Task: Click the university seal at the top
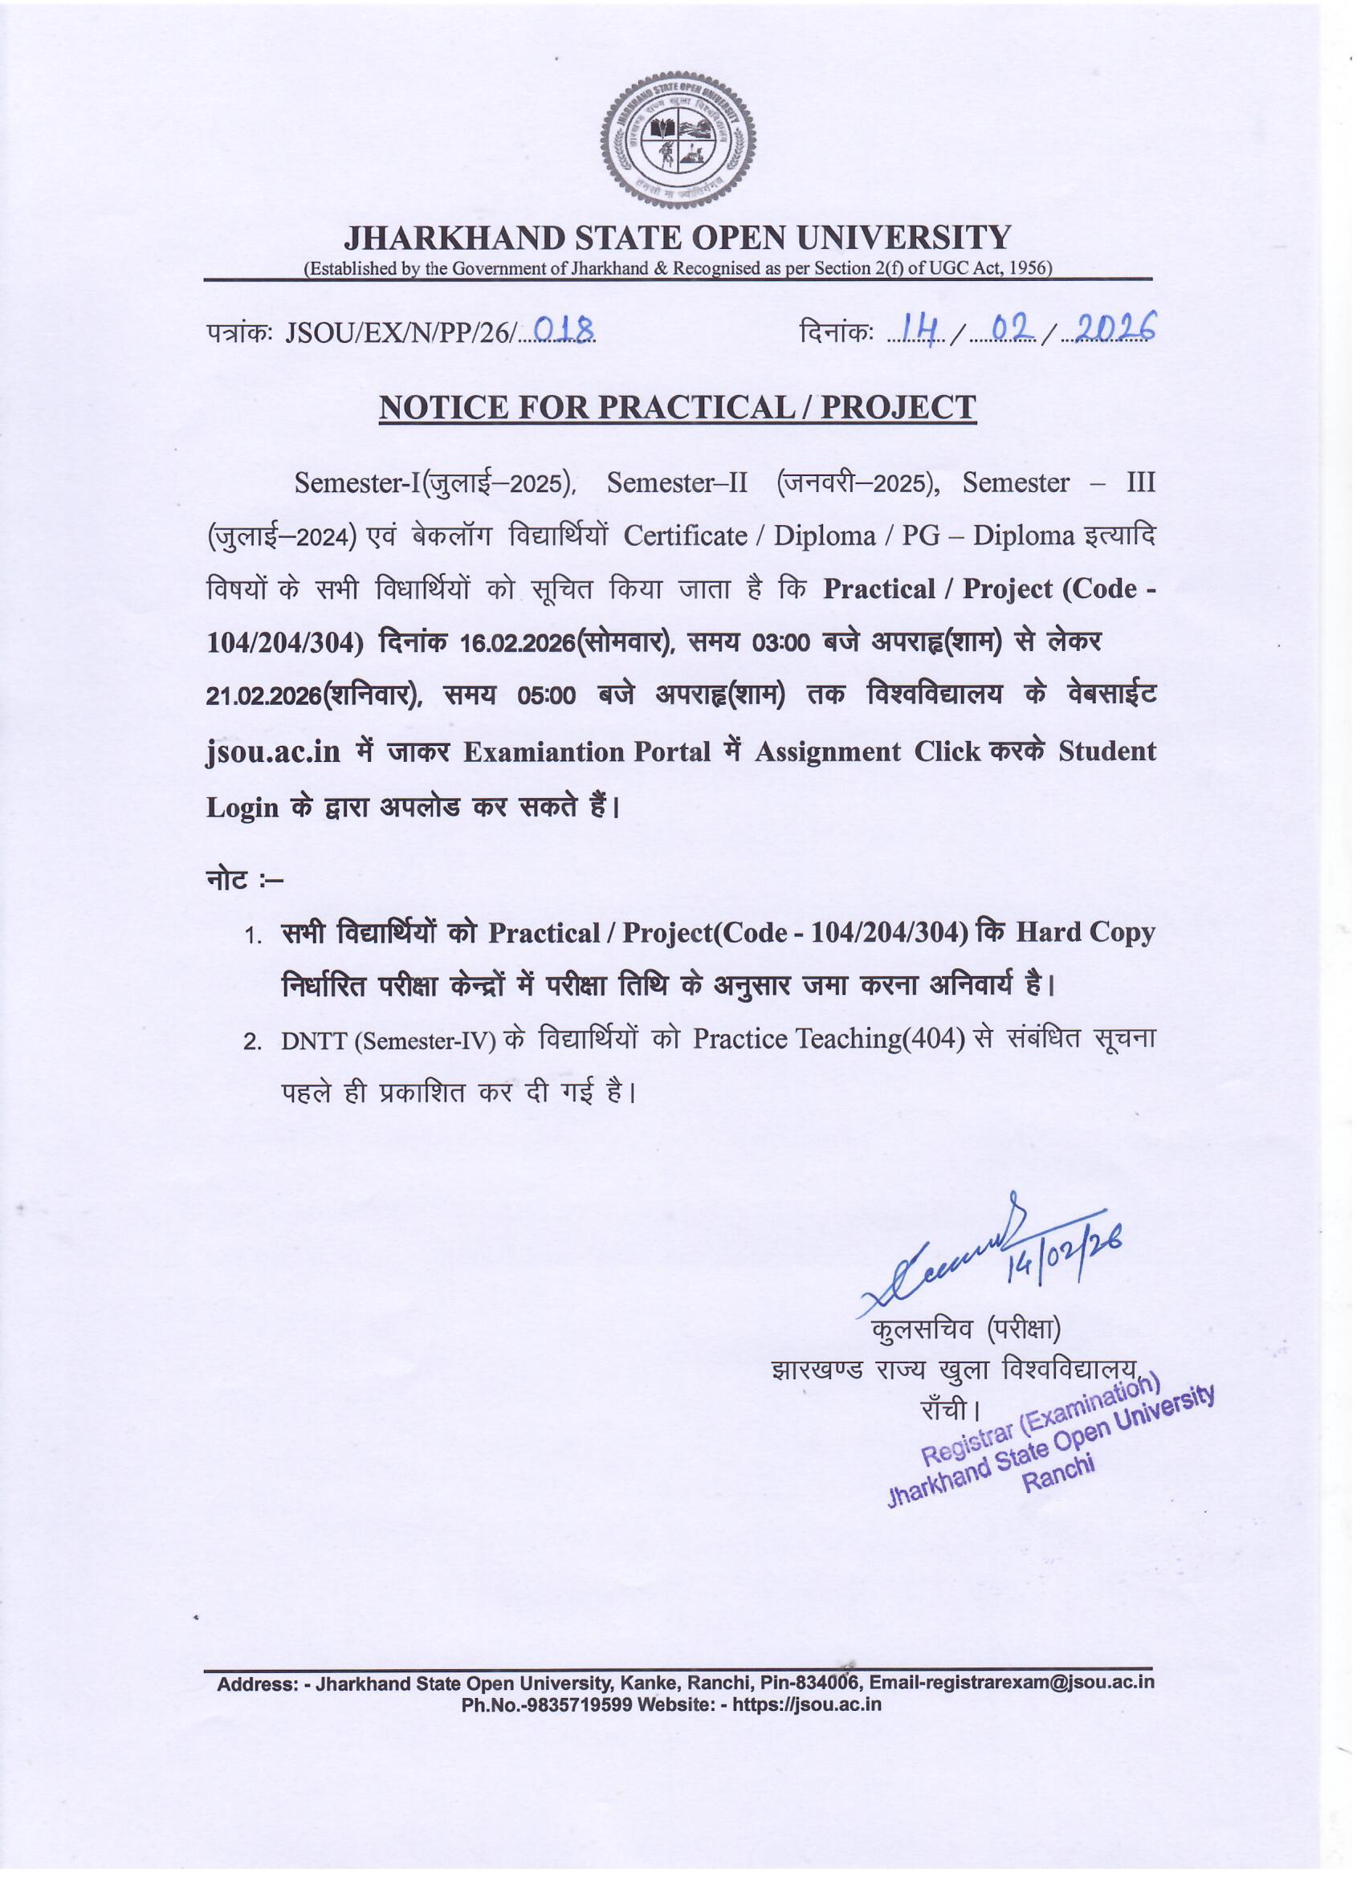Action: coord(678,141)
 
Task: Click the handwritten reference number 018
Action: coord(564,331)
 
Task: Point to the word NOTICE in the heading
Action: coord(442,407)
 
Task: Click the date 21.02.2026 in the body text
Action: coord(263,698)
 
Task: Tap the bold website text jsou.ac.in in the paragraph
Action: coord(273,752)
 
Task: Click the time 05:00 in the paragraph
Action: coord(546,697)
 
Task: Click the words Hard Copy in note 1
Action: coord(1086,933)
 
